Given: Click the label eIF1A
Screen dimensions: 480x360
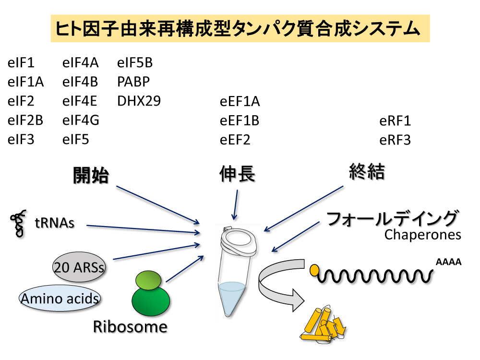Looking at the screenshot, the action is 26,82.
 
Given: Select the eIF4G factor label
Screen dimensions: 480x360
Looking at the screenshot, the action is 81,120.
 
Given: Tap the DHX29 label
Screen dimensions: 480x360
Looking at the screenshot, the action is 139,101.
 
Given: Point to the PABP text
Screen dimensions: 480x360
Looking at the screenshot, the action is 133,82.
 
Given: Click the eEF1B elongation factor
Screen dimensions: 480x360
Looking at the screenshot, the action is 240,120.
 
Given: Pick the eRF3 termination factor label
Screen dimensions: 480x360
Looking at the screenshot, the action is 395,140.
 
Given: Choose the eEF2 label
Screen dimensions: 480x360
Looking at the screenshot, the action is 235,140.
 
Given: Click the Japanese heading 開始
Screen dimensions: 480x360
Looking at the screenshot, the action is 91,175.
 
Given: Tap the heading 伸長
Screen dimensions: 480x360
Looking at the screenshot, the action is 237,174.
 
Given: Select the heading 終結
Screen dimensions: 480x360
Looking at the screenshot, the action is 367,171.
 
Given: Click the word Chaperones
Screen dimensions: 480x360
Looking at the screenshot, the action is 423,235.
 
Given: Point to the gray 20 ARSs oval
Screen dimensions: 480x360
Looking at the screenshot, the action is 79,267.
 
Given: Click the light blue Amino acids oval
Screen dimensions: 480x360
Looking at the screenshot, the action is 60,299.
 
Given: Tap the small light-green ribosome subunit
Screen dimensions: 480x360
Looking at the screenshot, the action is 148,280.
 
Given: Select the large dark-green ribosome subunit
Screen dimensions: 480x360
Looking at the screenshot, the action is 151,301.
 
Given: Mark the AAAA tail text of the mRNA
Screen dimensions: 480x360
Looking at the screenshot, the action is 448,262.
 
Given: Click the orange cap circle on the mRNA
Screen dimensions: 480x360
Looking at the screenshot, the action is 314,270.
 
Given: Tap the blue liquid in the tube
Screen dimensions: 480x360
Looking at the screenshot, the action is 231,295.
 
